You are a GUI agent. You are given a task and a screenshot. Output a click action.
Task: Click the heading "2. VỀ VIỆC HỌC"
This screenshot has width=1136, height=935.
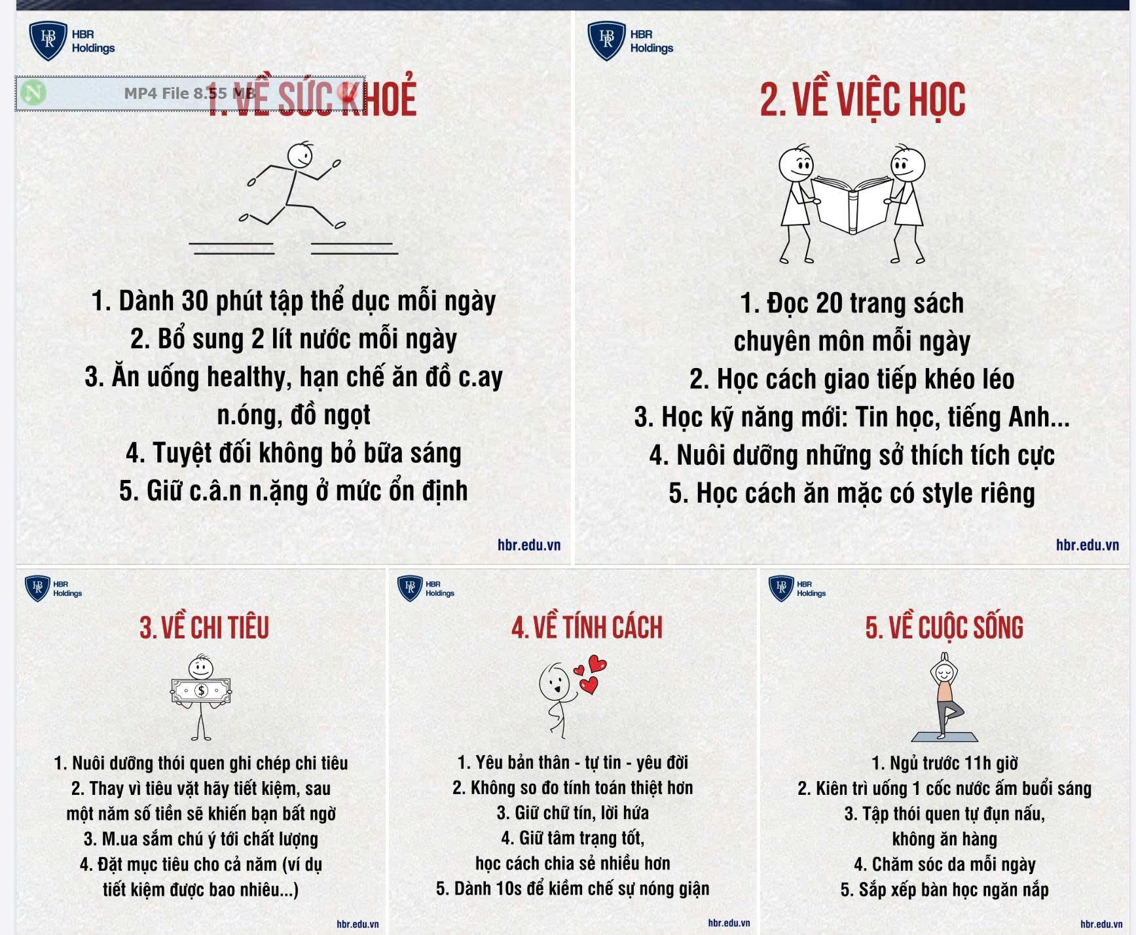[862, 100]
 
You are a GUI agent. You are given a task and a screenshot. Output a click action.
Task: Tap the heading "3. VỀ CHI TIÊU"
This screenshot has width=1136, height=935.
[204, 627]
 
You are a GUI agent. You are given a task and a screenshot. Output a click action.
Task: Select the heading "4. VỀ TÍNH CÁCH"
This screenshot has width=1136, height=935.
[587, 627]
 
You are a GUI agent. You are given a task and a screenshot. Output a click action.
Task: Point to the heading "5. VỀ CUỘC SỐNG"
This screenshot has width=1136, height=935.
[944, 627]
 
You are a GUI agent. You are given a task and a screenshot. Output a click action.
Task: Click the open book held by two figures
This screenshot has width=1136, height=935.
[852, 204]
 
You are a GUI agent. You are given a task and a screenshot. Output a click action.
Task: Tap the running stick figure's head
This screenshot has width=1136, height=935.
[301, 155]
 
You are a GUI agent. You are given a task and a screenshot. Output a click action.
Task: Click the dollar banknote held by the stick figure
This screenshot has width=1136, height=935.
[201, 691]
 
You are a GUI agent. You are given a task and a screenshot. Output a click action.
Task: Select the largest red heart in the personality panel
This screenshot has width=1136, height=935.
[597, 664]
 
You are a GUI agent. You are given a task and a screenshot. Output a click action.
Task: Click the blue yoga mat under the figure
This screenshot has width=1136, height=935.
[944, 737]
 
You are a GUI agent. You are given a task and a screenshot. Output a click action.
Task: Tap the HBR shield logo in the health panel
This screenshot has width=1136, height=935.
[48, 41]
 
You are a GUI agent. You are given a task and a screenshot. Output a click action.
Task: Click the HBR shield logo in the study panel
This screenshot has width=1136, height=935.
[607, 41]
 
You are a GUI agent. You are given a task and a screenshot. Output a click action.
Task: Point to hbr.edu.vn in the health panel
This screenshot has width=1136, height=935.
[529, 545]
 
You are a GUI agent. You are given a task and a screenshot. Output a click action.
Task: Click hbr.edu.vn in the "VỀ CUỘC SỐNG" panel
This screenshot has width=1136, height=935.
[1101, 924]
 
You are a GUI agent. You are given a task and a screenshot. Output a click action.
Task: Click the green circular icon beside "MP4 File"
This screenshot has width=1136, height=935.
[33, 93]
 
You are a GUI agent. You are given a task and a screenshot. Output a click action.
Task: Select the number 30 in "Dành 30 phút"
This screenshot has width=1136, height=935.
[195, 301]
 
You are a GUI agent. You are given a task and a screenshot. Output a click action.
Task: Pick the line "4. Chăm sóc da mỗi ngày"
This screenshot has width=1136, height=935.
[945, 864]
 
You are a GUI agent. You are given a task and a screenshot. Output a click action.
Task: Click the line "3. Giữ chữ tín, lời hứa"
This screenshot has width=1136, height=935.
[573, 813]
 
